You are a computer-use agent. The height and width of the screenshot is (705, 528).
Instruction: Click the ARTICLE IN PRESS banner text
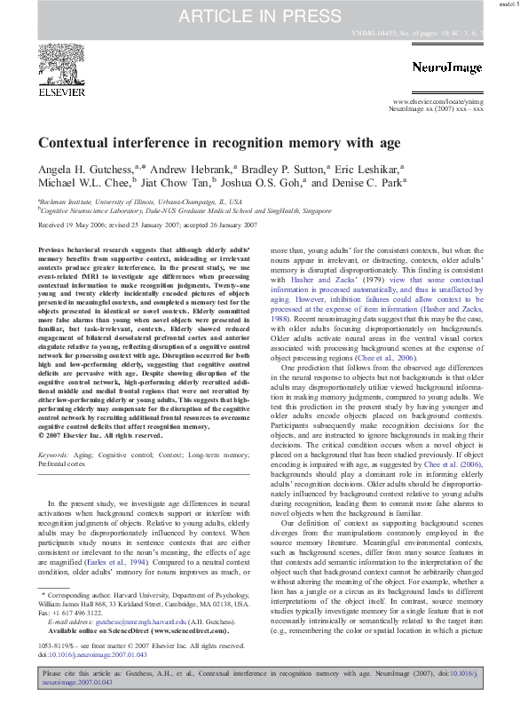tap(264, 15)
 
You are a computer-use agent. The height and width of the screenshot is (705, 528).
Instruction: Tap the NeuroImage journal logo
tap(447, 67)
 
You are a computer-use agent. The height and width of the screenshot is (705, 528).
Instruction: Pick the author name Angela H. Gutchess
tap(84, 168)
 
